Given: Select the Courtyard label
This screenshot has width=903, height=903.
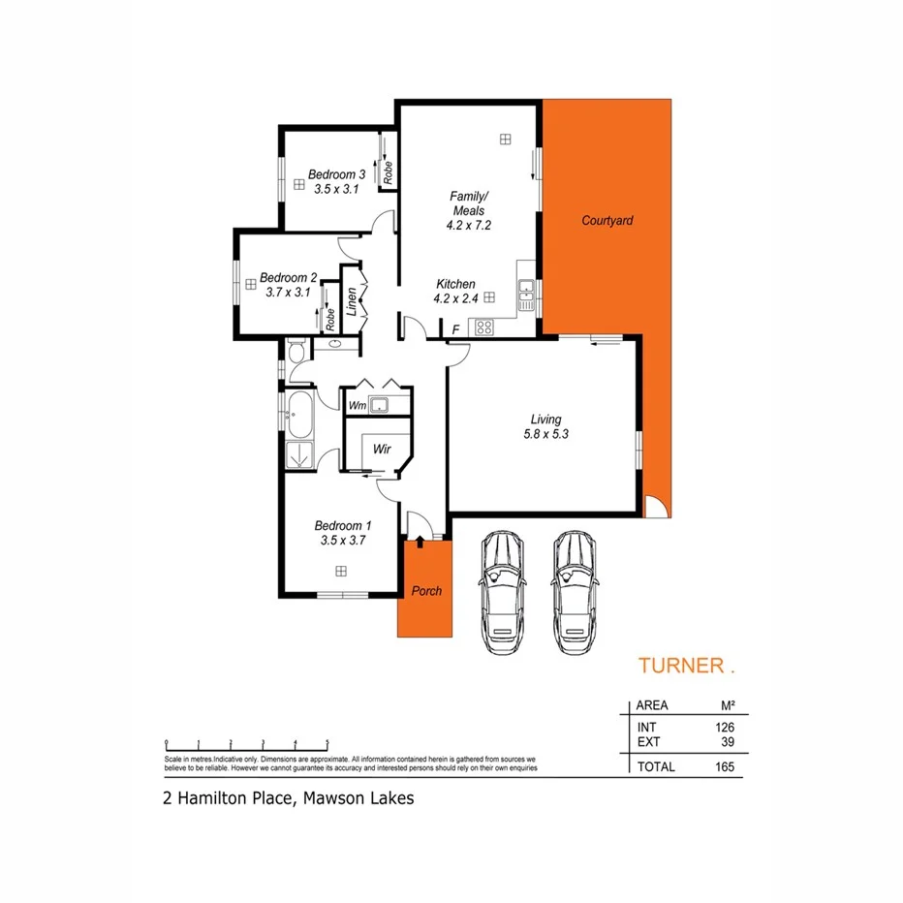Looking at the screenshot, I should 607,221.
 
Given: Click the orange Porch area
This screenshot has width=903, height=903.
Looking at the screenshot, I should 425,591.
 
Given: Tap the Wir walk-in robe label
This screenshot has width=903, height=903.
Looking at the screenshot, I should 383,449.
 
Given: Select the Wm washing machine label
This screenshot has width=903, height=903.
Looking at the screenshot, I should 357,405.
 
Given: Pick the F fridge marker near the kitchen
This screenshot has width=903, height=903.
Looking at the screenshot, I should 455,330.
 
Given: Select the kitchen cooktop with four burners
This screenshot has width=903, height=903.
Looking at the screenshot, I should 482,327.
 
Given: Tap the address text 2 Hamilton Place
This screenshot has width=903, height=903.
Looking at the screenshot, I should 231,799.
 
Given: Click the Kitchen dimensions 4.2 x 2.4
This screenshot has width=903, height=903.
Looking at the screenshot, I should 456,298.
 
